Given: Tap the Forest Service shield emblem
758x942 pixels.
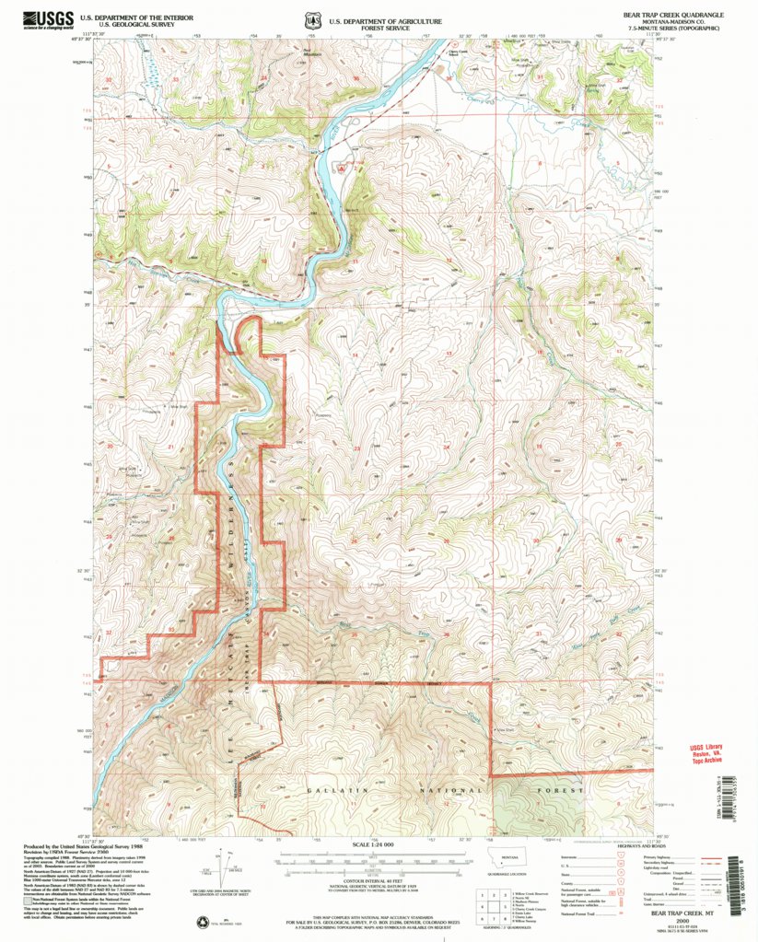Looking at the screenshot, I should point(317,19).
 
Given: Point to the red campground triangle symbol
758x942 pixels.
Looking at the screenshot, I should point(343,169).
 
